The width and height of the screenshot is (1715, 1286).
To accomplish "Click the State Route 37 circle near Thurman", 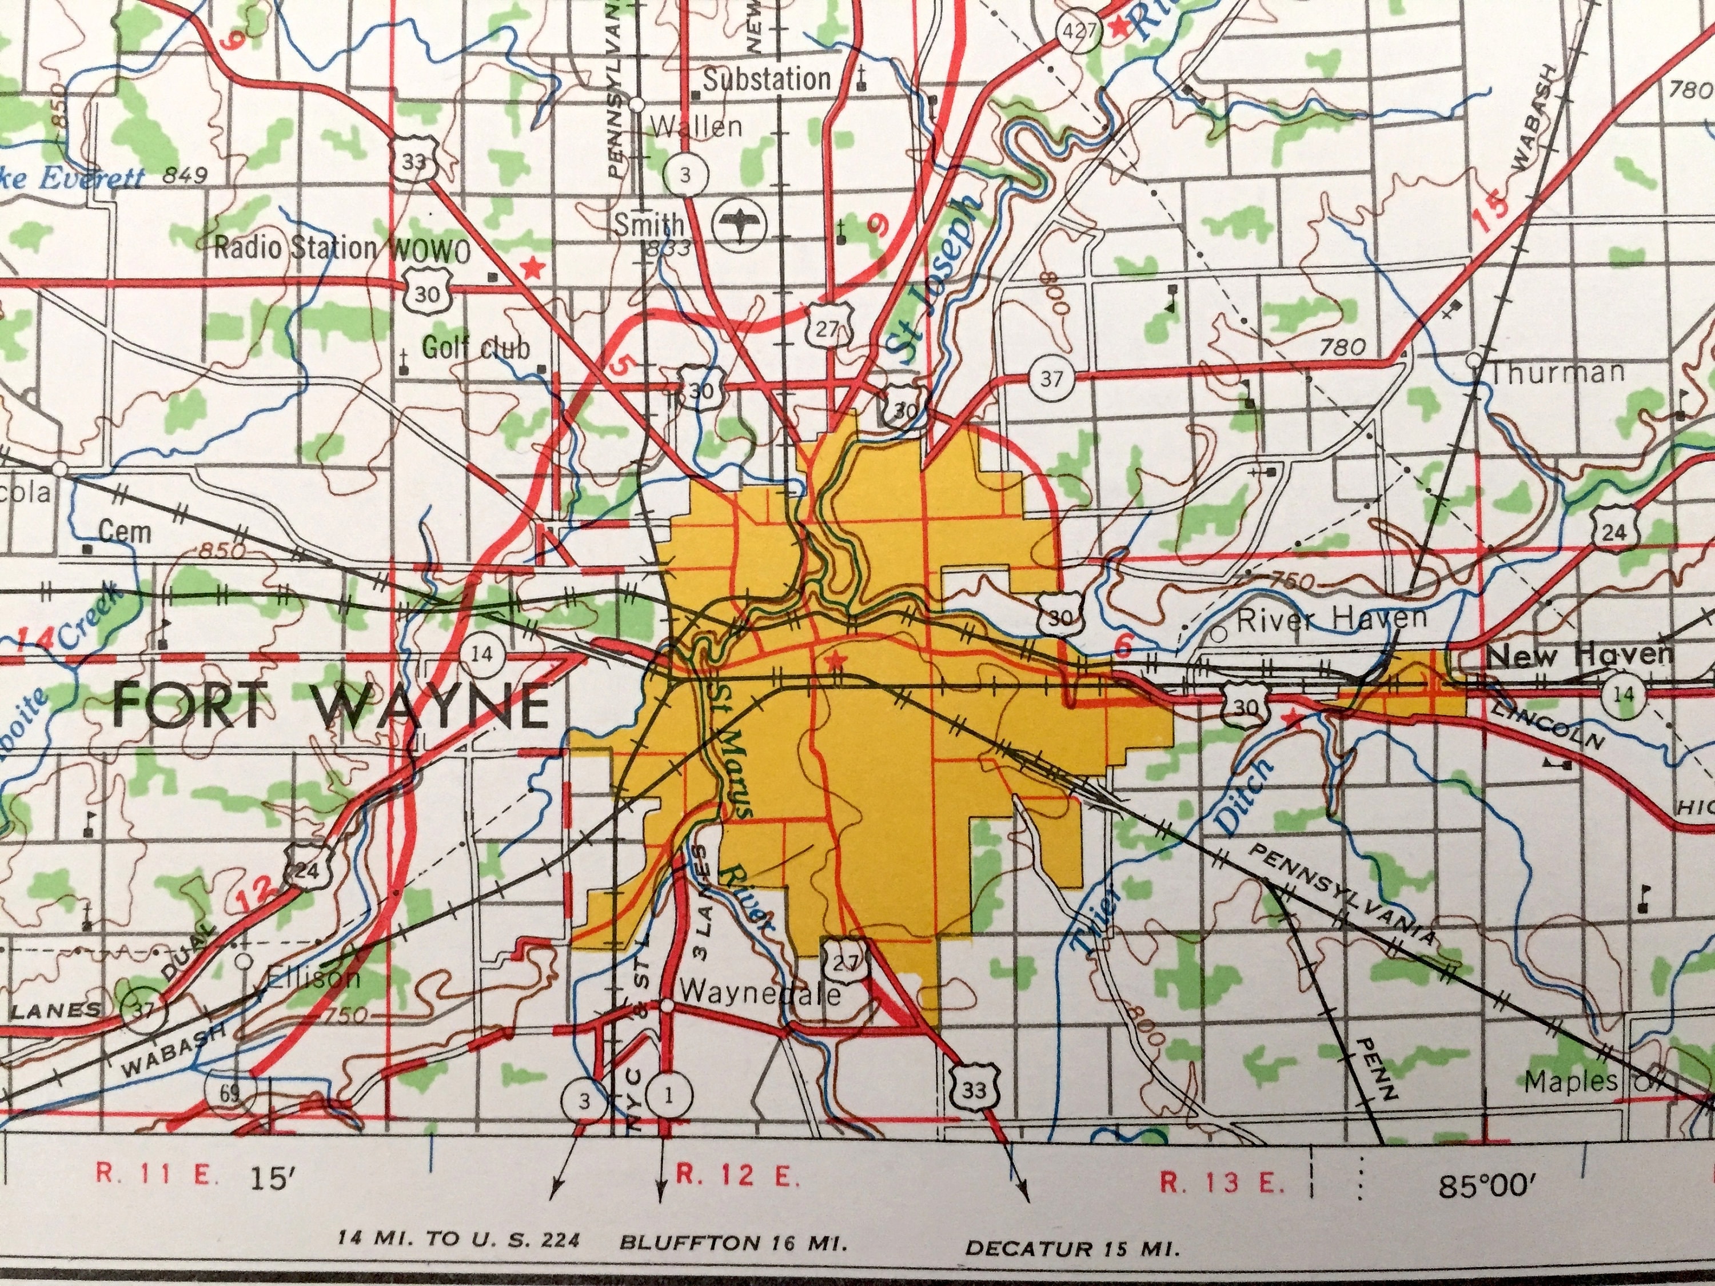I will tap(1051, 379).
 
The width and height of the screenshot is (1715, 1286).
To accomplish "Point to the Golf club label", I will tap(475, 348).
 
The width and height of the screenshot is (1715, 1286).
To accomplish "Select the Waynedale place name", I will tap(760, 995).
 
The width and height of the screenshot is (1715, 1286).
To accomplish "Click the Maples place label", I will tap(1571, 1082).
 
